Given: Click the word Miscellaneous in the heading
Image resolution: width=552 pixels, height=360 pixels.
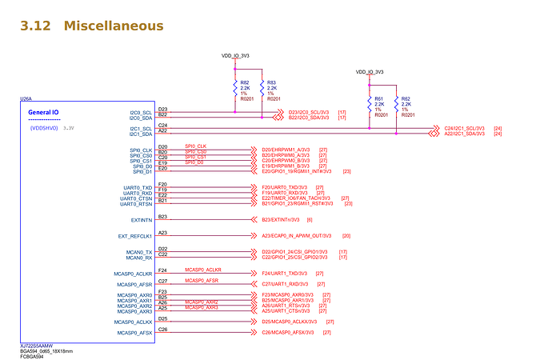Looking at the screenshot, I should coord(114,26).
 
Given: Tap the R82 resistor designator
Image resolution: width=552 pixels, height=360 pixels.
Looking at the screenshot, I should coord(245,82).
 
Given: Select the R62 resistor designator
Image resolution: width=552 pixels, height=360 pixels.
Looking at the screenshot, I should coord(406,98).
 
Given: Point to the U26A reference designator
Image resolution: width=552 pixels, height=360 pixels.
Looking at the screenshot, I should coord(26,99).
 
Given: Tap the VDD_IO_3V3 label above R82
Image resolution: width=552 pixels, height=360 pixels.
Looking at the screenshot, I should coord(235,56).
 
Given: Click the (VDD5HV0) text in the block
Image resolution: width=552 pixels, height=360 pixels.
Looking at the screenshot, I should coord(43,128).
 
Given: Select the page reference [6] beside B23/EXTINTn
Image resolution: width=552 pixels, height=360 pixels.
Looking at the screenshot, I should coord(309,218).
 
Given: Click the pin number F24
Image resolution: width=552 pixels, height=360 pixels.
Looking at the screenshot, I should coord(162,270).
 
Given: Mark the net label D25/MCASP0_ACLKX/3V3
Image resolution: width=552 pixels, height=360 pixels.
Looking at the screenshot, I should coord(289,321).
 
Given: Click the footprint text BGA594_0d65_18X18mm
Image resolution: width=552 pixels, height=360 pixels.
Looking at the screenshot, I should coord(46,350).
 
